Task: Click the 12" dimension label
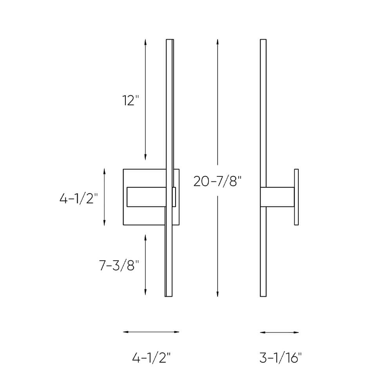tap(131, 101)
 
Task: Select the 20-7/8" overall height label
tap(216, 181)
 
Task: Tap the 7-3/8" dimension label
tap(119, 266)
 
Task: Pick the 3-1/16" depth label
tap(280, 358)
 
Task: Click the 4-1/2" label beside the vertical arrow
tap(78, 199)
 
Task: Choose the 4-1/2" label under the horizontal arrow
tap(151, 358)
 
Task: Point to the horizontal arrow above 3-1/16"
tap(279, 332)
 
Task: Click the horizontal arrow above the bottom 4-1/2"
tap(151, 332)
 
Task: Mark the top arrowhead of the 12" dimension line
tap(145, 41)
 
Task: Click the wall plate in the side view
tap(296, 197)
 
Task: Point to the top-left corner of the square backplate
tap(124, 169)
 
